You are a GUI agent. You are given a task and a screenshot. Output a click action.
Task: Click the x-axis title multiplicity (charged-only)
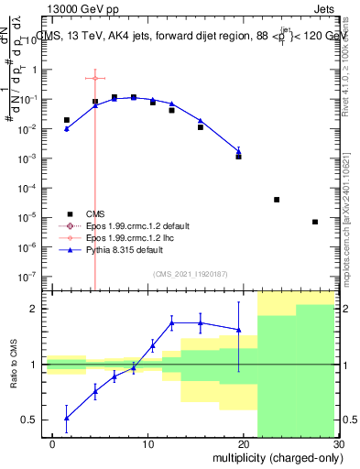click(x=274, y=455)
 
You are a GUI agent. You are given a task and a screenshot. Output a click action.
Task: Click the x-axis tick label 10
click(x=147, y=444)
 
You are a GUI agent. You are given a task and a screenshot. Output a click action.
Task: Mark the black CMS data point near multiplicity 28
click(x=314, y=222)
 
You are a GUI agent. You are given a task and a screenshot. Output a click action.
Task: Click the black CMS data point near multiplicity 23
click(x=277, y=200)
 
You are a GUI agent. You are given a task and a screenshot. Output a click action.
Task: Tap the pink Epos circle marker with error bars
click(x=94, y=78)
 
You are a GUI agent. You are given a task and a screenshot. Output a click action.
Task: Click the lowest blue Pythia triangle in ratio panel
click(x=66, y=418)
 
